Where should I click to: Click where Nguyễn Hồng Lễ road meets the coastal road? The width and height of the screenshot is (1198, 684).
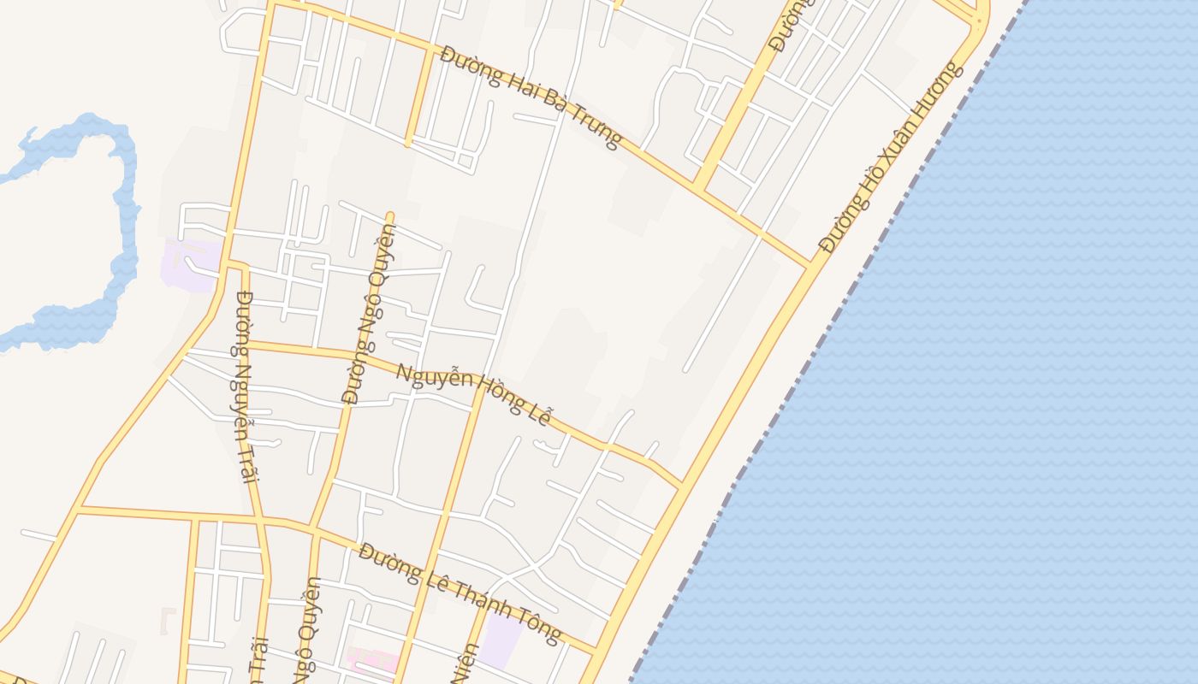[681, 486]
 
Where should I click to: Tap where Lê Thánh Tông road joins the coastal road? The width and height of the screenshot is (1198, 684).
[596, 652]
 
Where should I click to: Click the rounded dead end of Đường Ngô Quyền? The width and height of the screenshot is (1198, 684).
[389, 215]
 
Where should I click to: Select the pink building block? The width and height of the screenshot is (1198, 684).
[371, 661]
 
